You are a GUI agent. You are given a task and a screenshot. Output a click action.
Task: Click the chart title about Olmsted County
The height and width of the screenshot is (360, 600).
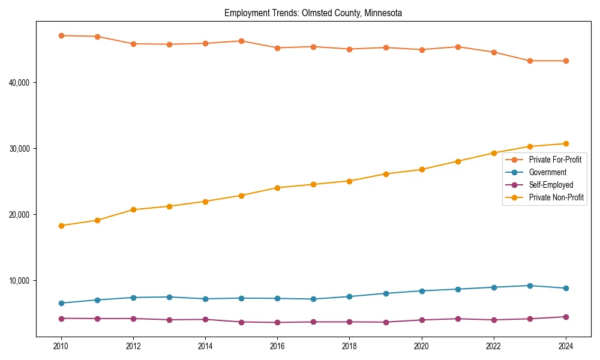[313, 13]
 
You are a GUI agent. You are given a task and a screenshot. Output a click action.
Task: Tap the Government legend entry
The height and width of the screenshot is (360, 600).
[547, 172]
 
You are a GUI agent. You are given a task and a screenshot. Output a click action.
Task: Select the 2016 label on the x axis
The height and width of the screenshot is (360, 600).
[277, 346]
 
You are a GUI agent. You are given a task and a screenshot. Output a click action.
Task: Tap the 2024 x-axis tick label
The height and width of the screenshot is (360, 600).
[566, 346]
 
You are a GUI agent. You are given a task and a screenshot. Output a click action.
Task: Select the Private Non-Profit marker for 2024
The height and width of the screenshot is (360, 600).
[566, 143]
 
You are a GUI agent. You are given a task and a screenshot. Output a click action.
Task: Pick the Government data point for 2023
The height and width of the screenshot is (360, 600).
[530, 286]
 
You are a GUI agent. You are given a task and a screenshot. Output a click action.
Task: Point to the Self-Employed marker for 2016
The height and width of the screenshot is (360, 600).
[277, 323]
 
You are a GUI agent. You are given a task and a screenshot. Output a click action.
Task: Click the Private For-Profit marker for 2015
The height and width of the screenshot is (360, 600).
[241, 41]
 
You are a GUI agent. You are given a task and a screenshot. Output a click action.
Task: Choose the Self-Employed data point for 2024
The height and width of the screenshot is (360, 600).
[566, 317]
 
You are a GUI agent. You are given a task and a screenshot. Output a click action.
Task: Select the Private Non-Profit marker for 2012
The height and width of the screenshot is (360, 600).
[133, 209]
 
